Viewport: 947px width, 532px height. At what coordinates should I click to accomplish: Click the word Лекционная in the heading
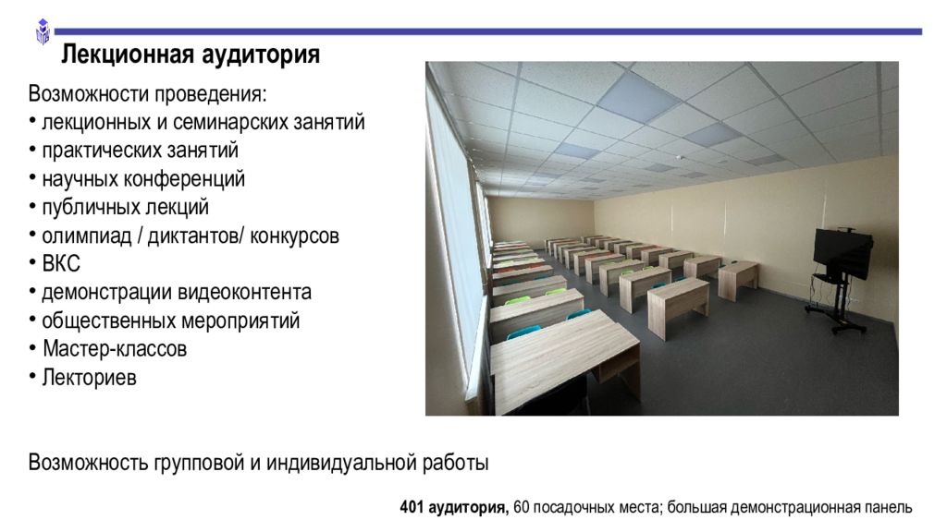coord(128,54)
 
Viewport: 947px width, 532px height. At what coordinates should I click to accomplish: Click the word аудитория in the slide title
coord(261,54)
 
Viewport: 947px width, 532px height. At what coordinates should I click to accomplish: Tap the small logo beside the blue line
coord(43,31)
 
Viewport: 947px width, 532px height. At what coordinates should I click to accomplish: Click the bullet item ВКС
coord(61,263)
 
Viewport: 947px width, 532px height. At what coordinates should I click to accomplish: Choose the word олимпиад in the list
coord(86,236)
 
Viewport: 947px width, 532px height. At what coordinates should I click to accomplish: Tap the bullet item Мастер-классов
coord(115,348)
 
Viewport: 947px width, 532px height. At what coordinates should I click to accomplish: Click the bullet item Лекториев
coord(90,378)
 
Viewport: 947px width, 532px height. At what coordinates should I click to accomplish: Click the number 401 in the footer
coord(412,507)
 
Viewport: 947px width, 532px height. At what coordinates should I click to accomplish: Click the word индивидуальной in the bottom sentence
coord(340,464)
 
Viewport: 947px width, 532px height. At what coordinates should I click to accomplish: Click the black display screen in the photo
coord(842,251)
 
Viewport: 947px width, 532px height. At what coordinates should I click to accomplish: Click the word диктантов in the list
coord(192,236)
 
